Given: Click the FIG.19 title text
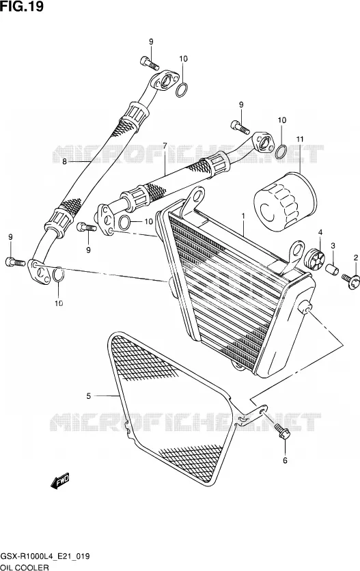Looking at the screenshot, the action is [22, 6].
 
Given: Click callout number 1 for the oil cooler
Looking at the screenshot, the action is [243, 216].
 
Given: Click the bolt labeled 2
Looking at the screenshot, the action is [351, 281].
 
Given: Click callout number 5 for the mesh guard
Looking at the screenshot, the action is [89, 396].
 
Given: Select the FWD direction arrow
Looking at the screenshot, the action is [59, 482].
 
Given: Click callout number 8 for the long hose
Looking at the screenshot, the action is [64, 162].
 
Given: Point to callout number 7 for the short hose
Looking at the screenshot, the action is [165, 145].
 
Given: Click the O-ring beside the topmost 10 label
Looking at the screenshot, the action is [182, 90].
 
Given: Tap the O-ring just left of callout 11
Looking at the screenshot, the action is [280, 152].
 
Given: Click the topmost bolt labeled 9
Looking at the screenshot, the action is [150, 63].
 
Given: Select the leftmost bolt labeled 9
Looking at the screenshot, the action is [15, 262].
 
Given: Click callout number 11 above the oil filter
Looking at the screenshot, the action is [299, 139].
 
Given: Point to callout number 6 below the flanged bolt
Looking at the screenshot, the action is [285, 460].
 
